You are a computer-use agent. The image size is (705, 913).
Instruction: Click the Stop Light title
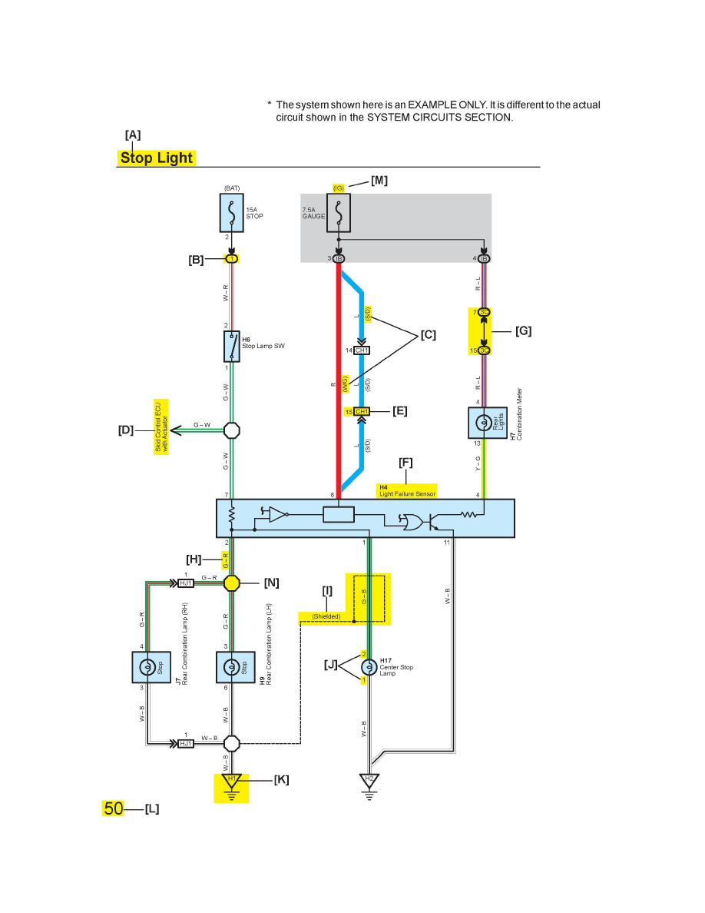coord(157,158)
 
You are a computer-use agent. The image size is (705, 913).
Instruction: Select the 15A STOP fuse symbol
coord(232,212)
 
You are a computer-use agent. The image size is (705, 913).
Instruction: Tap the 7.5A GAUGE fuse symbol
coord(339,212)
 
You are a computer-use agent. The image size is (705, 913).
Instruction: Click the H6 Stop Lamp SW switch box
coord(232,347)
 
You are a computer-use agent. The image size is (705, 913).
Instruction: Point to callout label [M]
coord(379,181)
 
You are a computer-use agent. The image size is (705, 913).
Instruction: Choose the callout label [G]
coord(523,331)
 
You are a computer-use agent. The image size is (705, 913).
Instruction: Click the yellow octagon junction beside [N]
coord(232,583)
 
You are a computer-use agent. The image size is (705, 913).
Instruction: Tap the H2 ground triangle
coord(369,781)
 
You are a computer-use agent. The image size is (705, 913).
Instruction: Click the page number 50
coord(114,808)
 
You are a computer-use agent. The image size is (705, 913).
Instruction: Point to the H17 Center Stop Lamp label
coord(396,666)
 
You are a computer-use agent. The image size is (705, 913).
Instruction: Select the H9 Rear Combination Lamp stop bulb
coord(232,667)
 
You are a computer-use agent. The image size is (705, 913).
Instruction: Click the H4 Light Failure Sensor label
coord(407,490)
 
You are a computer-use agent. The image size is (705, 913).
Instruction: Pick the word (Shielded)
coord(326,616)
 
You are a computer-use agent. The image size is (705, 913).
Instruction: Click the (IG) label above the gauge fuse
coord(339,188)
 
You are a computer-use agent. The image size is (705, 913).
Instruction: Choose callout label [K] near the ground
coord(281,779)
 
